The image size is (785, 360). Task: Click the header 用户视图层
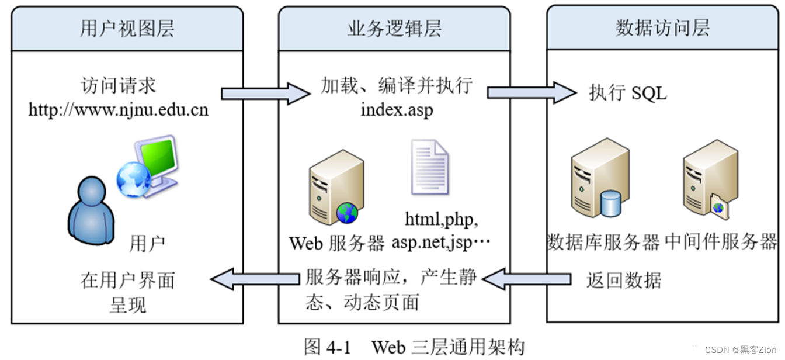click(127, 29)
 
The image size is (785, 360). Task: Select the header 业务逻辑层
click(394, 29)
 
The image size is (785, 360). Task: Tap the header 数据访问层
click(662, 29)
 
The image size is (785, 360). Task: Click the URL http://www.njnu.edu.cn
click(119, 109)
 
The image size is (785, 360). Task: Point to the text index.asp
click(397, 109)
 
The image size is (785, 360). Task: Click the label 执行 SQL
click(627, 93)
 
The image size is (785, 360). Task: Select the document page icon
click(429, 167)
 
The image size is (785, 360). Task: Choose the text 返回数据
click(624, 280)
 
